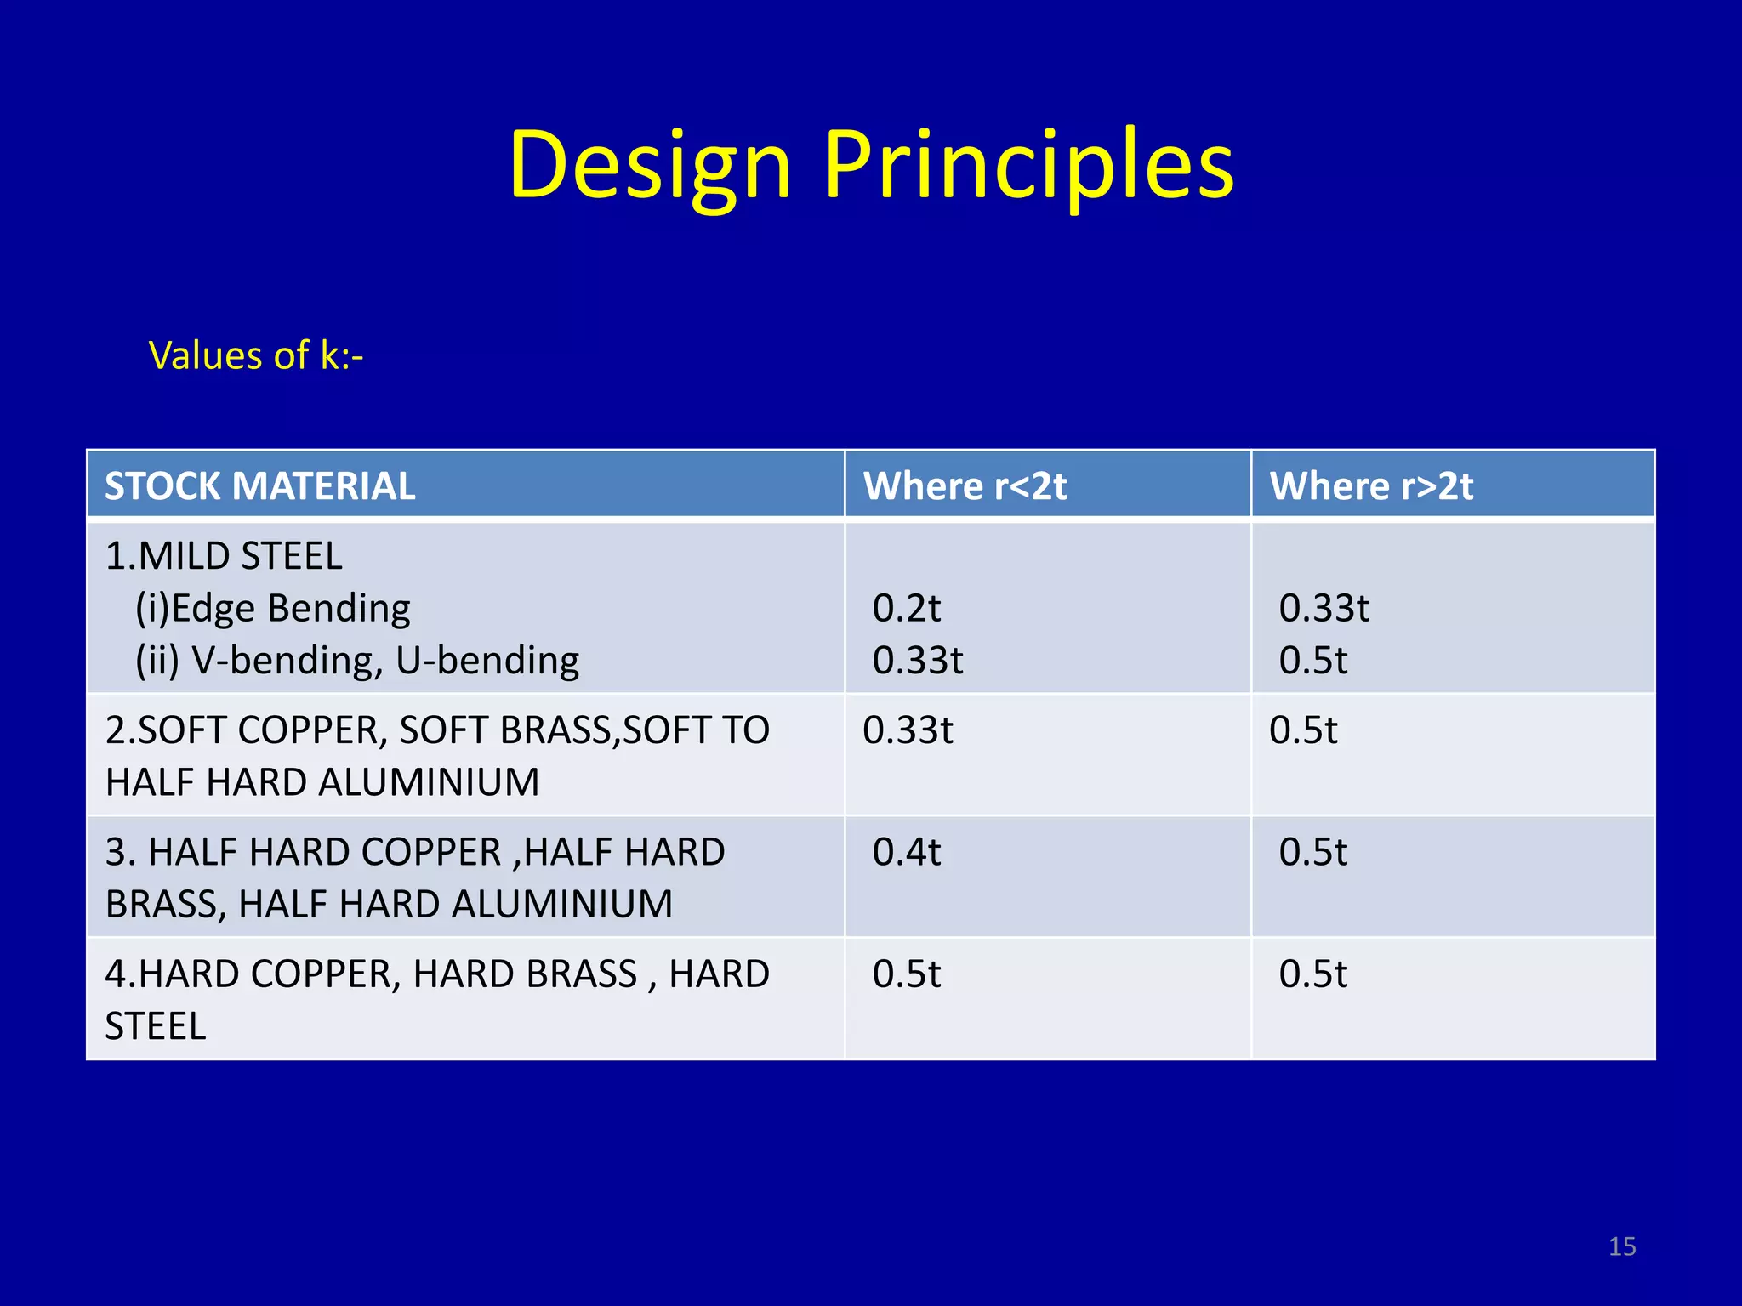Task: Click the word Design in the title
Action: pyautogui.click(x=651, y=166)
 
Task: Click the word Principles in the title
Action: pyautogui.click(x=1028, y=166)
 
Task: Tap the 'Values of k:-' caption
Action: pyautogui.click(x=256, y=355)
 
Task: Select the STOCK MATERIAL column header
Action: pyautogui.click(x=259, y=486)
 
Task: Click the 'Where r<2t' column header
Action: pyautogui.click(x=965, y=486)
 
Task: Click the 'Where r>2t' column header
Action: pyautogui.click(x=1371, y=486)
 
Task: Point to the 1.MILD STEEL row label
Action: pyautogui.click(x=224, y=556)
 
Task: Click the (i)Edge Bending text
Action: pyautogui.click(x=273, y=609)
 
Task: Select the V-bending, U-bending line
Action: pyautogui.click(x=357, y=661)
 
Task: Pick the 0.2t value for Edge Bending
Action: pyautogui.click(x=907, y=609)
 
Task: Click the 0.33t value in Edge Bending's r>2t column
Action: pyautogui.click(x=1324, y=609)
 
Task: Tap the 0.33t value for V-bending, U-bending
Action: pyautogui.click(x=918, y=661)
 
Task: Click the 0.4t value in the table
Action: pyautogui.click(x=907, y=852)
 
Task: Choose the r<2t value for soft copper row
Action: pyautogui.click(x=908, y=730)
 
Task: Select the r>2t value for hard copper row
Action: pyautogui.click(x=1313, y=974)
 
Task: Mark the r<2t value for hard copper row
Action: pyautogui.click(x=907, y=974)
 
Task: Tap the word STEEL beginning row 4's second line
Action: pyautogui.click(x=156, y=1026)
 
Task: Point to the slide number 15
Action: pyautogui.click(x=1622, y=1246)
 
